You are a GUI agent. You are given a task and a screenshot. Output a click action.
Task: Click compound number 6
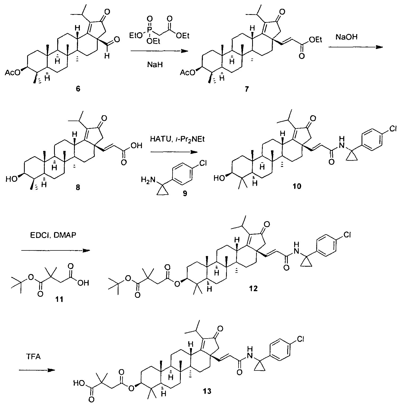point(77,89)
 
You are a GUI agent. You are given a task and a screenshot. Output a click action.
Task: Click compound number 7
point(246,89)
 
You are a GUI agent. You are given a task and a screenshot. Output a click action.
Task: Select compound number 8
point(78,187)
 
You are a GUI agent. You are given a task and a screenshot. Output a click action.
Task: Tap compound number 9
point(184,193)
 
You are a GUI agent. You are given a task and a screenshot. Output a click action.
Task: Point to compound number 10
point(297,186)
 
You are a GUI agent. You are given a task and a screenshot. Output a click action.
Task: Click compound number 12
point(253,288)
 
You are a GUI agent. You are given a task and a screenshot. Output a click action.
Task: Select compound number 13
point(207,391)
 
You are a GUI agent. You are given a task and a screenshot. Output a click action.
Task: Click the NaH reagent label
point(155,64)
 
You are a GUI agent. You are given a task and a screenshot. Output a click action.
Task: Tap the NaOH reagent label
point(346,37)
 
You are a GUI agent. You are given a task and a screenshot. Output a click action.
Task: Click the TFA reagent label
point(34,357)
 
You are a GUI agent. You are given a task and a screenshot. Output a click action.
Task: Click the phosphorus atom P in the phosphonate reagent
point(149,28)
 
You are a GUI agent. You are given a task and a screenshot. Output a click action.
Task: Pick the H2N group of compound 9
point(148,180)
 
